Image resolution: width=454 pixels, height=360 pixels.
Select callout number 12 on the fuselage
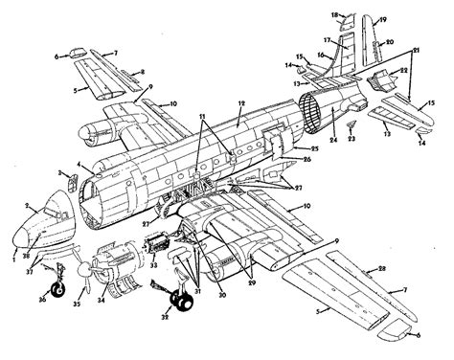click(242, 101)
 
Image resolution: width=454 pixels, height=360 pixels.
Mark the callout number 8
click(142, 73)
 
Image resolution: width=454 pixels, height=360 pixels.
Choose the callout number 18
click(336, 15)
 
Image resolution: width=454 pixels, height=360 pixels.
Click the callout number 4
click(87, 168)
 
